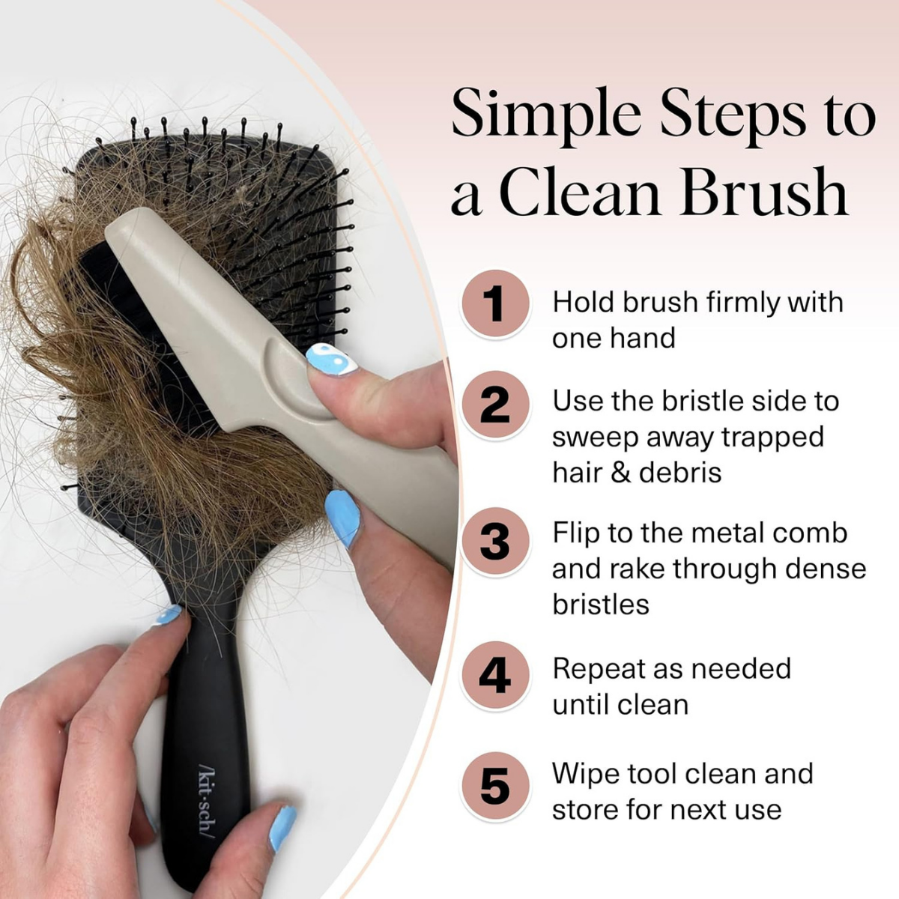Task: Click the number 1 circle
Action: point(494,303)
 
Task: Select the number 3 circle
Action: point(494,541)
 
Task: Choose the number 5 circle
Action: point(494,787)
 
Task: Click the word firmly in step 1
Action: point(751,303)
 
